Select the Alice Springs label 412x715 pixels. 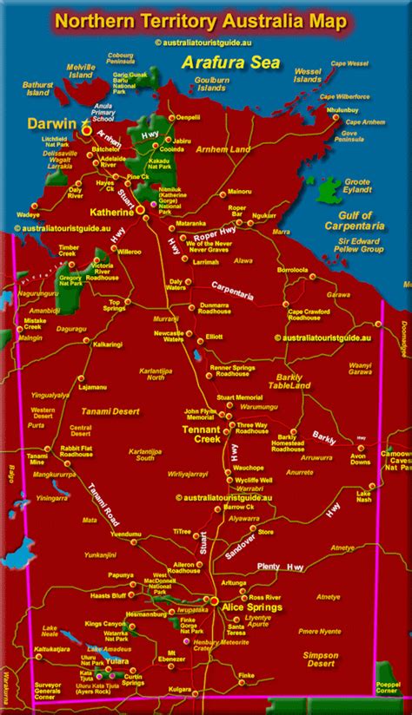253,608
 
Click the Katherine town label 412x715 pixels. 111,211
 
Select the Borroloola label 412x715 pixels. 294,270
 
